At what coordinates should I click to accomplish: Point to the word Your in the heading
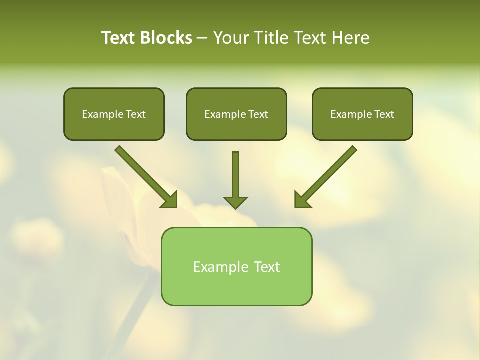coord(231,38)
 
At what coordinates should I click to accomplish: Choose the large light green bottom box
coord(236,290)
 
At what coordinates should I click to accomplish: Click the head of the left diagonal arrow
coord(170,200)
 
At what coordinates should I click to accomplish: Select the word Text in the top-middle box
coord(258,114)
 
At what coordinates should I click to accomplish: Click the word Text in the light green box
coord(267,267)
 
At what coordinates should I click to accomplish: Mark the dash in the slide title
coord(203,38)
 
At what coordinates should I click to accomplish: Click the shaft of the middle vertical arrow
coord(235,172)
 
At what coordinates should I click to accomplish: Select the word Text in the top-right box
coord(384,114)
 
